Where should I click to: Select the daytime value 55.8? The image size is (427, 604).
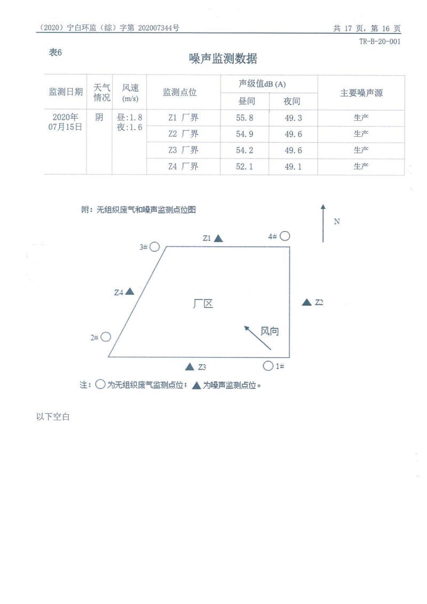click(x=244, y=118)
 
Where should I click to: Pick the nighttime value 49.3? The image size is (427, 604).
click(x=293, y=118)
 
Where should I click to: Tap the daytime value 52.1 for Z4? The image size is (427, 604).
click(x=244, y=167)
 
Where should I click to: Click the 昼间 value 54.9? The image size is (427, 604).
click(x=244, y=134)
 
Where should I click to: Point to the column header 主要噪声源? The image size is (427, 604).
click(x=361, y=93)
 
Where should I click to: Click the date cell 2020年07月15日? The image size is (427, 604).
click(x=66, y=122)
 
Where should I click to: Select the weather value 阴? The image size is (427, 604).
click(x=99, y=117)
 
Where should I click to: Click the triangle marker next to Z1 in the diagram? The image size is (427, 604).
click(x=218, y=238)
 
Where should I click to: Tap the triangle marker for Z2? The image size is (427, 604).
click(x=306, y=302)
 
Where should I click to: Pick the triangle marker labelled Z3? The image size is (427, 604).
click(x=189, y=366)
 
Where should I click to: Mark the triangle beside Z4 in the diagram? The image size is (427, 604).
click(x=129, y=292)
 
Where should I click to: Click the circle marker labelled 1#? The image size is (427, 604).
click(x=268, y=365)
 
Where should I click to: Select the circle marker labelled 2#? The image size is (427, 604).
click(x=106, y=336)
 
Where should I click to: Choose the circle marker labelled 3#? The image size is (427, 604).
click(x=154, y=247)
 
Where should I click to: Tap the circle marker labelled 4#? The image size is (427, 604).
click(x=285, y=236)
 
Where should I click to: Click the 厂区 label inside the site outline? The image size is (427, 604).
click(x=203, y=303)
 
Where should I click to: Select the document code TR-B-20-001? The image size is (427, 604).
click(x=379, y=41)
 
